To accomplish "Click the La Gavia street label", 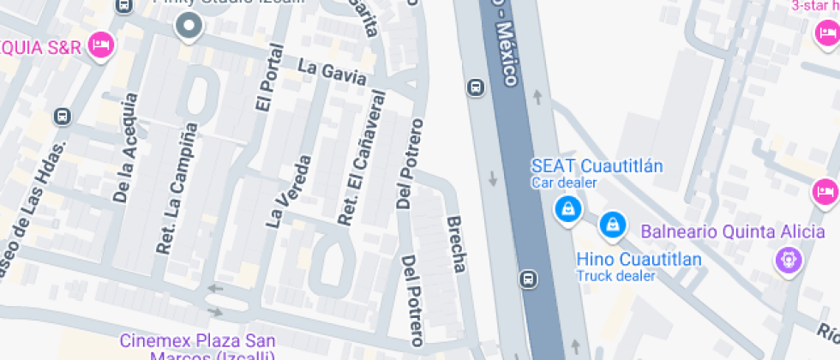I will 332,73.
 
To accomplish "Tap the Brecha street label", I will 457,244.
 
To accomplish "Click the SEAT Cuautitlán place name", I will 597,165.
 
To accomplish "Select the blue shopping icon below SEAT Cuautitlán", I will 567,208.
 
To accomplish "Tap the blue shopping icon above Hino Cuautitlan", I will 612,224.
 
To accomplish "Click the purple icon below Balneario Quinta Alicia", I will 788,258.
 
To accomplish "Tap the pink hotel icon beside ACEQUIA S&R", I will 102,46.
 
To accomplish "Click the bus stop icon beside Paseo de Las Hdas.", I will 63,116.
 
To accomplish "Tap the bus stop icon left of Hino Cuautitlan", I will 529,279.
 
